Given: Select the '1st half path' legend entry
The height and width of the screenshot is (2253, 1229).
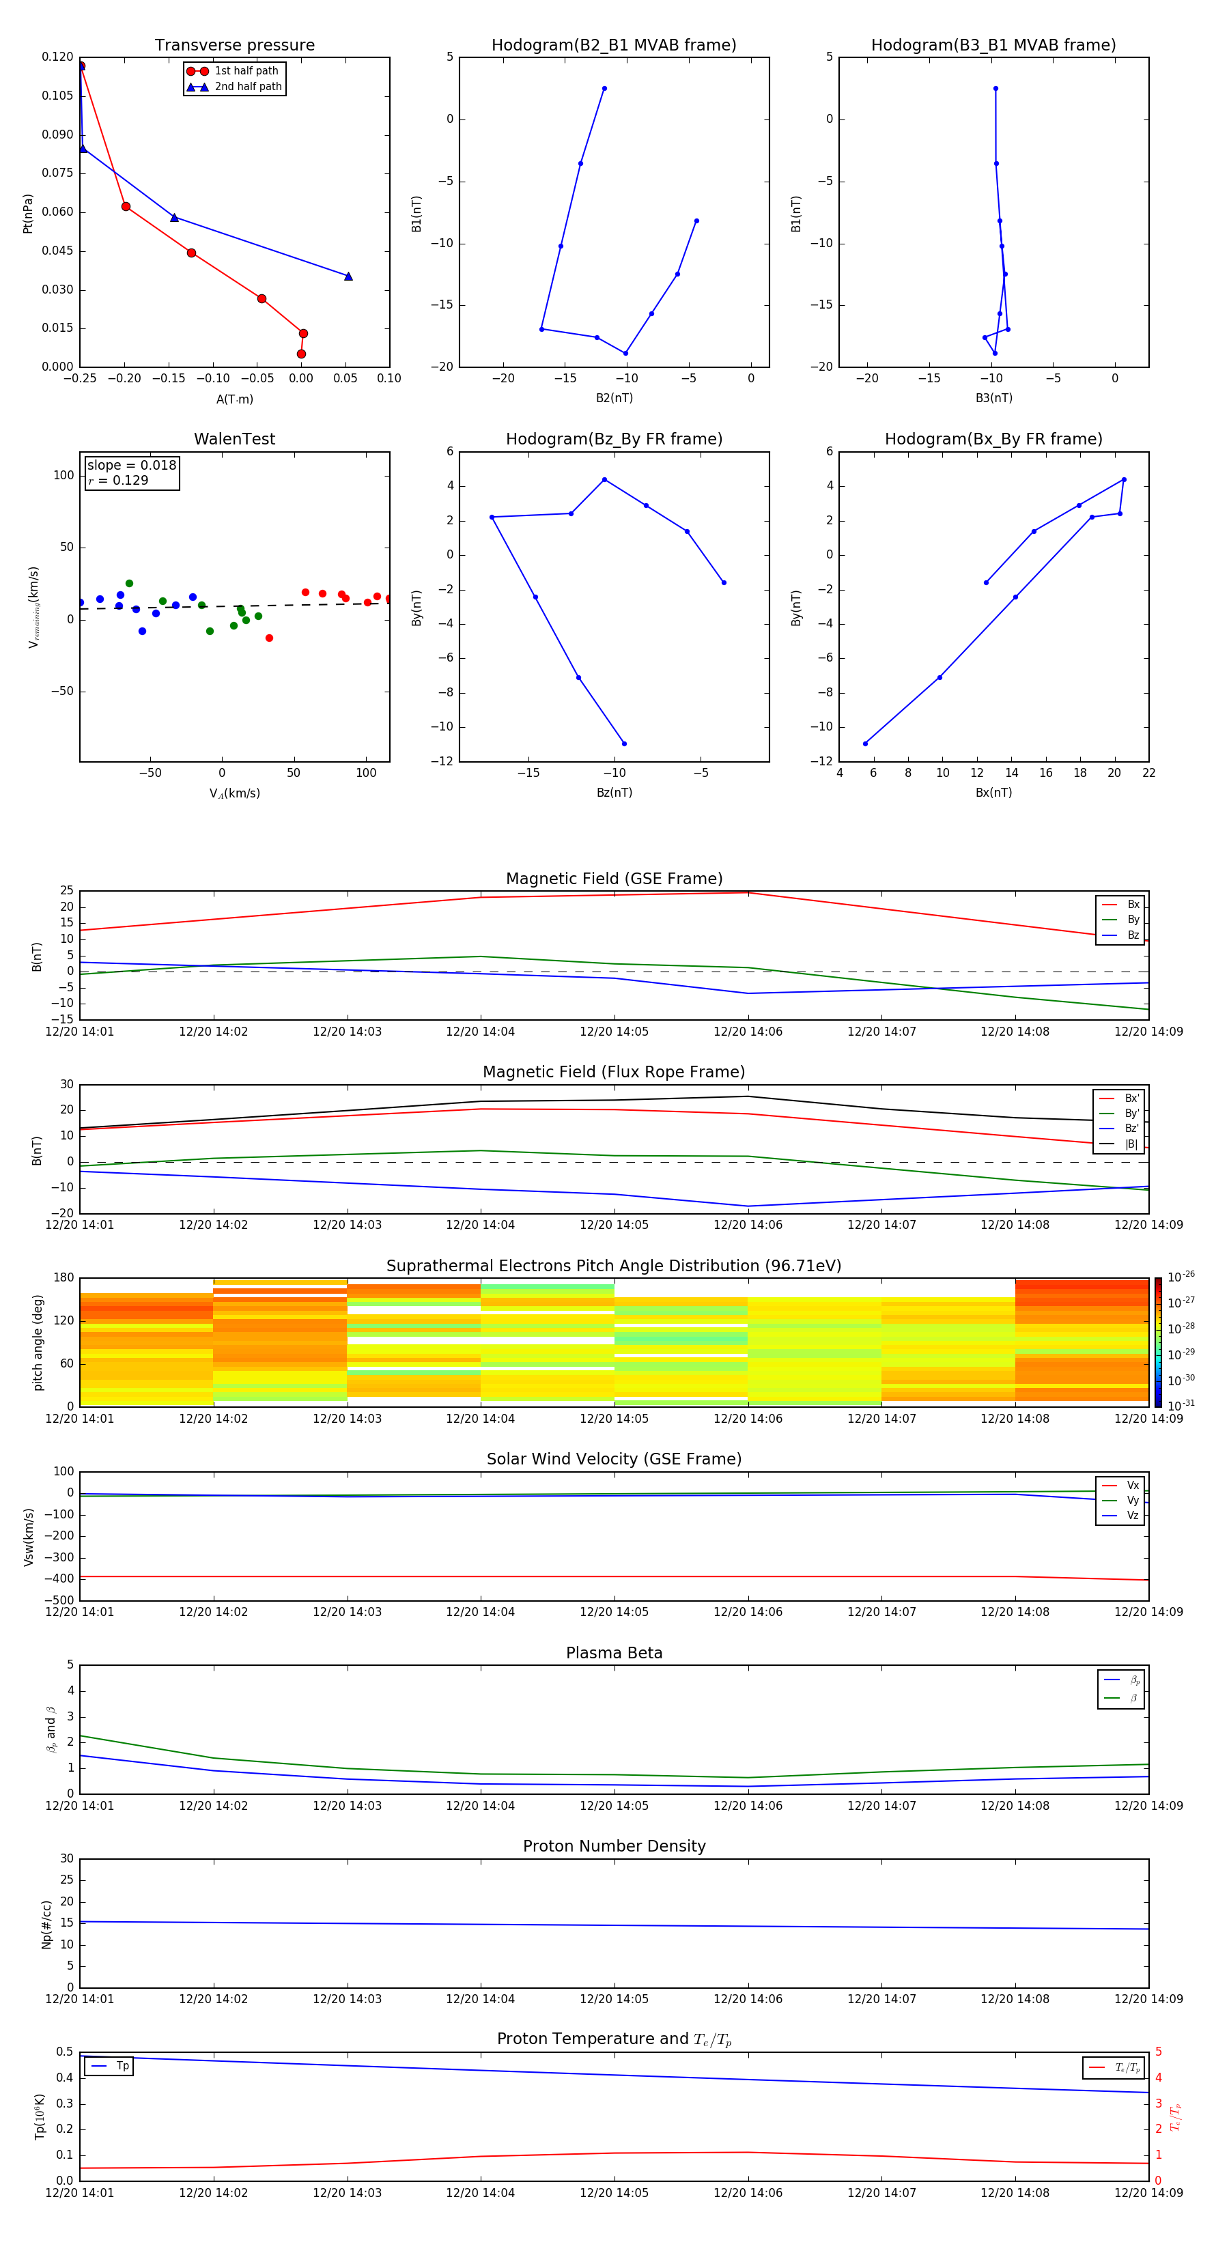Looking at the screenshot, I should (246, 71).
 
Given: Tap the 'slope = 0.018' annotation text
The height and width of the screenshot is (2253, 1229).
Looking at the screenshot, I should (131, 466).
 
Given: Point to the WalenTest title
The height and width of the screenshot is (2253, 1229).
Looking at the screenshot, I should (234, 439).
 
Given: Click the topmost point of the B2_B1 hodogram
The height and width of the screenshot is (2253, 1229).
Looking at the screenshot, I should (604, 88).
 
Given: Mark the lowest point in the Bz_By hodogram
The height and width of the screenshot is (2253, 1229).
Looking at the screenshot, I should (623, 743).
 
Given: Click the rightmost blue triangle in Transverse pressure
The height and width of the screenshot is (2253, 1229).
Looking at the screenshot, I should (348, 277).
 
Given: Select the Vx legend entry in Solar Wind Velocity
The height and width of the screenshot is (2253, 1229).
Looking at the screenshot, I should (1132, 1485).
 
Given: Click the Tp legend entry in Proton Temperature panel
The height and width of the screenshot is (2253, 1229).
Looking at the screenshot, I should (122, 2066).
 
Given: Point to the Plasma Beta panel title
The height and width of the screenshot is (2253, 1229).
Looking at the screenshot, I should (614, 1653).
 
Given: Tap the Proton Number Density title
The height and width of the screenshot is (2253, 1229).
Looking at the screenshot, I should (614, 1846).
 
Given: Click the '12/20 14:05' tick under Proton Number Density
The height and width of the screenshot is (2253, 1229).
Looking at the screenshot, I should (614, 1998).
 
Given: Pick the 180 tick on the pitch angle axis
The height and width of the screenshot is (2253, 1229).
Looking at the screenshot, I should (64, 1278).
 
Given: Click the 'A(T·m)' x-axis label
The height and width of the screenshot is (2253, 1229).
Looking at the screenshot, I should (234, 399).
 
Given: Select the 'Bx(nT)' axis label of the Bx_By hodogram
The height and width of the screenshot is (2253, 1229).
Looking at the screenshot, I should (993, 793).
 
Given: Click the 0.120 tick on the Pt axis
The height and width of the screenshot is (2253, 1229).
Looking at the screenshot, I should (58, 57).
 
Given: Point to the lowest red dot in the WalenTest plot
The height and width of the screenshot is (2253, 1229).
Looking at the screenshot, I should (270, 638).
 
